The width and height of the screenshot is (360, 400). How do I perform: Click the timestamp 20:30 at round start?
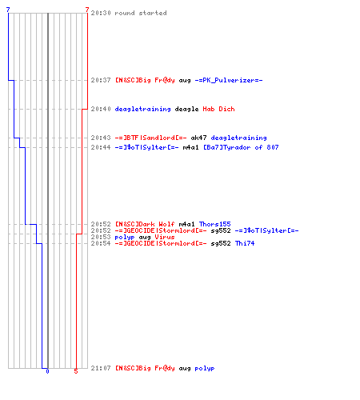click(x=101, y=13)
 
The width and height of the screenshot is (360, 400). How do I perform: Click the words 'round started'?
click(x=141, y=13)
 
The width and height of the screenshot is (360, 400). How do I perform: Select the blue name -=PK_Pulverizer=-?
click(x=229, y=80)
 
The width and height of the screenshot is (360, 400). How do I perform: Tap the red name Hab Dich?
click(x=218, y=109)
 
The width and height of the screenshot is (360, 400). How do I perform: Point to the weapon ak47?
click(x=198, y=138)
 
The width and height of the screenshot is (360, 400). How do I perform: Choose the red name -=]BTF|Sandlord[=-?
click(x=150, y=138)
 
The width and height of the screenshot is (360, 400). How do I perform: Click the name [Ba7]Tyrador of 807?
click(x=241, y=147)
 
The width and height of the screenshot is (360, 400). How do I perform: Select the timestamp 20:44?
click(x=101, y=147)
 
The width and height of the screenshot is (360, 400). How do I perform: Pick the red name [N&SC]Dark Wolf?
click(x=145, y=224)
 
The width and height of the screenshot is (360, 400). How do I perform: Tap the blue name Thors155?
click(x=215, y=224)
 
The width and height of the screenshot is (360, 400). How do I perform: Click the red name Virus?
click(x=165, y=237)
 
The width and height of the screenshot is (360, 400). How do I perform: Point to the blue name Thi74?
click(x=245, y=243)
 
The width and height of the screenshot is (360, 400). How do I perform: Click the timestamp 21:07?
click(x=101, y=368)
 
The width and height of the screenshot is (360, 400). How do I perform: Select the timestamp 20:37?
click(x=101, y=80)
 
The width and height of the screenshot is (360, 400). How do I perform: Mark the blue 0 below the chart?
click(x=47, y=371)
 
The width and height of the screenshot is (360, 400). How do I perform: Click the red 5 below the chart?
click(x=76, y=371)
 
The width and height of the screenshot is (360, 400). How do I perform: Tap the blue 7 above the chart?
click(x=8, y=10)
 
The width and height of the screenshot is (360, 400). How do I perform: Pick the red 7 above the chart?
click(x=87, y=10)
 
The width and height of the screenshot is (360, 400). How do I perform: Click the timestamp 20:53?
click(x=101, y=237)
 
